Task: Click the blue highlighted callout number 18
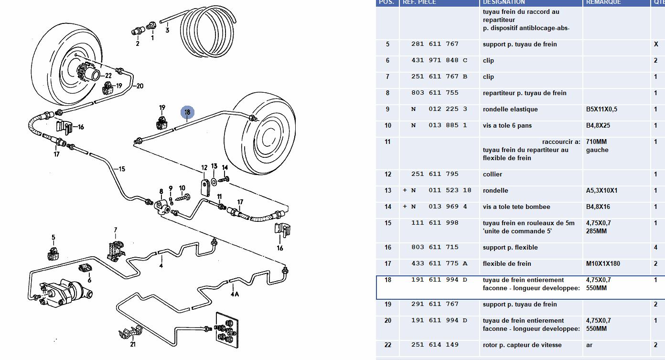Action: point(187,112)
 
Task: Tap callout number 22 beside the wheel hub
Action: point(108,76)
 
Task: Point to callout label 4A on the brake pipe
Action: point(235,294)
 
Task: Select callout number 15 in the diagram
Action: point(121,169)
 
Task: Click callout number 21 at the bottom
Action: point(132,344)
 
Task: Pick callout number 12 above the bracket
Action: point(204,168)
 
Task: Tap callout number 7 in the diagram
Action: point(115,230)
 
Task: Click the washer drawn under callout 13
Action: point(214,182)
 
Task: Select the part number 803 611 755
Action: point(435,93)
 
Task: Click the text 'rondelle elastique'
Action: point(510,109)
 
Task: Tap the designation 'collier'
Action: point(493,174)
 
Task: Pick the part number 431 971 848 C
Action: point(439,60)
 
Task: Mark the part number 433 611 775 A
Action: point(439,263)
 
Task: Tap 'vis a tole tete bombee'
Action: point(516,207)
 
